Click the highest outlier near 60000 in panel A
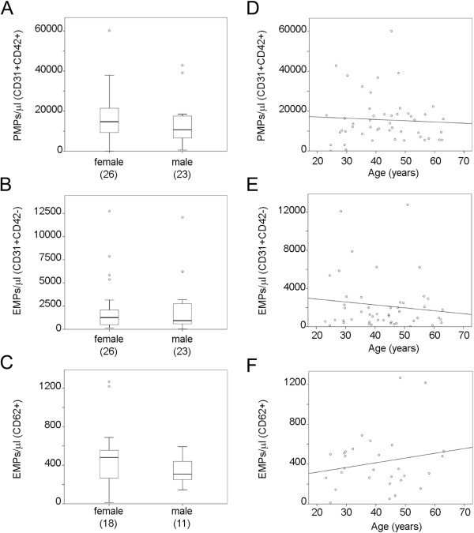coord(109,31)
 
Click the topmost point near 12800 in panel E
coord(408,205)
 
